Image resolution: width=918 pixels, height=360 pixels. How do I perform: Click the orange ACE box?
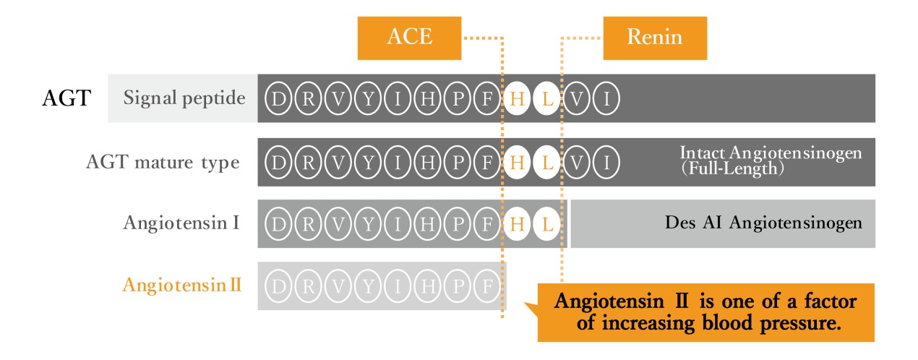410,38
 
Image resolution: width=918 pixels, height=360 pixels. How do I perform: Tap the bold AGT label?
66,98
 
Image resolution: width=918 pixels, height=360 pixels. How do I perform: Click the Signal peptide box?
184,98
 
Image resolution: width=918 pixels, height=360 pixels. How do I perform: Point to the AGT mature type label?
163,163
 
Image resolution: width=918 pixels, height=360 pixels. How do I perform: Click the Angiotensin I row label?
181,223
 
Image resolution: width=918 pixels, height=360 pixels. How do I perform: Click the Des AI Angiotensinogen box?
723,223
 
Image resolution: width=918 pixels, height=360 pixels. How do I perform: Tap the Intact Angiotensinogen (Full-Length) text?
771,161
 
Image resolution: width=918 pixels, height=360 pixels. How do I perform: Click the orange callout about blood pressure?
705,312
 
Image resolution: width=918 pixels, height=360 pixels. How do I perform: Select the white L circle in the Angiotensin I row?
546,224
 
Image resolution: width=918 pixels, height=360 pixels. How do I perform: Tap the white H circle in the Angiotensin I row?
516,224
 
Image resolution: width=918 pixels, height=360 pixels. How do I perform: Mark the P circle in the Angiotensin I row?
457,224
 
